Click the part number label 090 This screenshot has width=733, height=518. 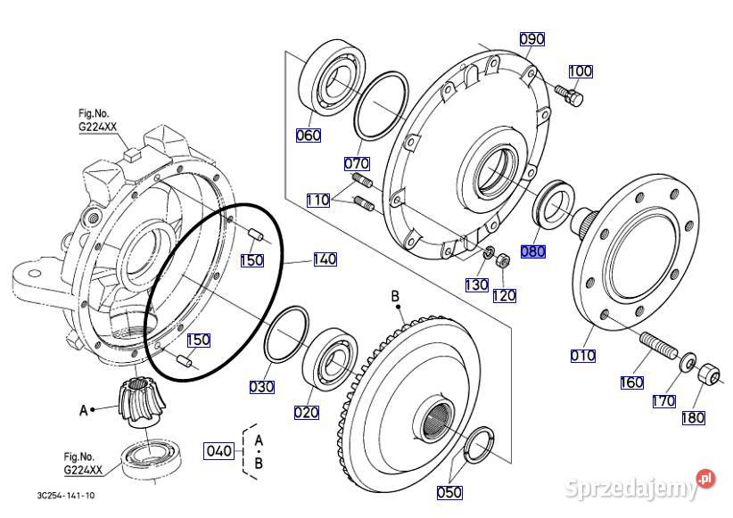pos(532,39)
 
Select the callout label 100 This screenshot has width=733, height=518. pos(580,71)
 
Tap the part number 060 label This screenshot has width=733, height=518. pos(309,136)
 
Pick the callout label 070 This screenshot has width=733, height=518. pos(357,164)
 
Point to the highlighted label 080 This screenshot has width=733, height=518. pos(532,252)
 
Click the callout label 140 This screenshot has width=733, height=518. pos(325,259)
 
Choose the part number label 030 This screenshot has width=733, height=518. pos(261,387)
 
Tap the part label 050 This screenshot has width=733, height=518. pos(450,492)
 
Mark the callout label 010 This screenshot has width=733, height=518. pos(583,356)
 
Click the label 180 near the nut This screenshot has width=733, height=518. pos(693,417)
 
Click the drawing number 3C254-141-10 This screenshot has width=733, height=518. pos(66,495)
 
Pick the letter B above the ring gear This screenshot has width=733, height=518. pos(395,297)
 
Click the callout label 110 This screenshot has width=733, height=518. pos(318,201)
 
